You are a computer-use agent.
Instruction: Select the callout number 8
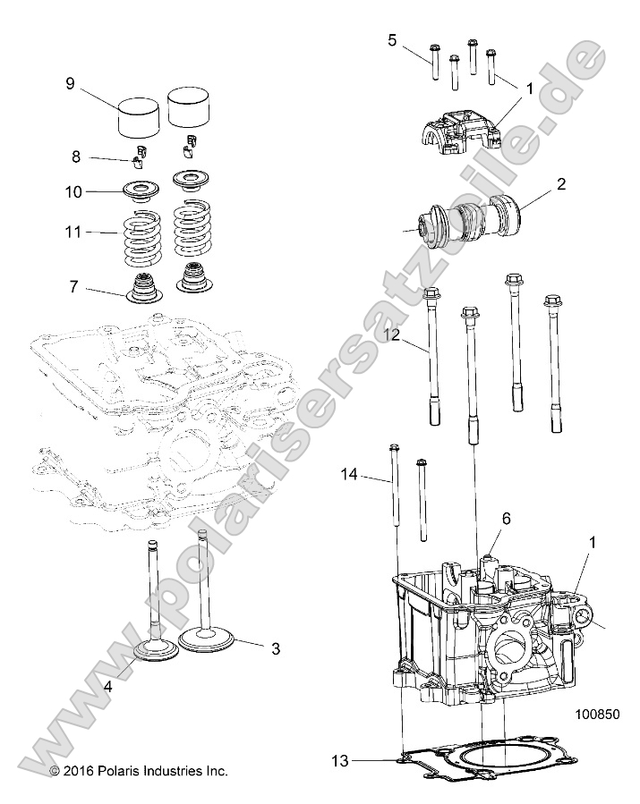coord(77,156)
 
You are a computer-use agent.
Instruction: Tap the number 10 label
coord(73,192)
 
